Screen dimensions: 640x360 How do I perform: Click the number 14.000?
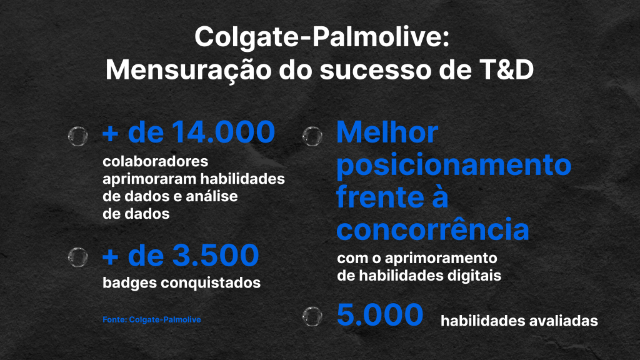click(223, 132)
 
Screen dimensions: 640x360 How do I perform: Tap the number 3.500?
click(216, 256)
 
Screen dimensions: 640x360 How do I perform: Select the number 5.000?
click(380, 315)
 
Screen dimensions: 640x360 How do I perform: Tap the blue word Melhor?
click(387, 132)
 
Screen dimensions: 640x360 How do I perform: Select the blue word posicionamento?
click(454, 165)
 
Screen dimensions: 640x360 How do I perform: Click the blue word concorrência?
click(432, 229)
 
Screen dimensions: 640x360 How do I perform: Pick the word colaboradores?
click(156, 161)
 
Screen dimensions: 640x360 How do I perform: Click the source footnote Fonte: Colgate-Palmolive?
click(152, 319)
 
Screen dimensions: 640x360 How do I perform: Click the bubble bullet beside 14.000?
click(78, 136)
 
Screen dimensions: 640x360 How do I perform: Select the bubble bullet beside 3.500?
click(78, 257)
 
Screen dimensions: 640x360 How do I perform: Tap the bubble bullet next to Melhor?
click(312, 136)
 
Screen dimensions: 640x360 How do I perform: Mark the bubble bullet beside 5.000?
click(312, 316)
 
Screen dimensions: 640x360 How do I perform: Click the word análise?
click(212, 196)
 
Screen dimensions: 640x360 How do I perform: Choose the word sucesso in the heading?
click(376, 70)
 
